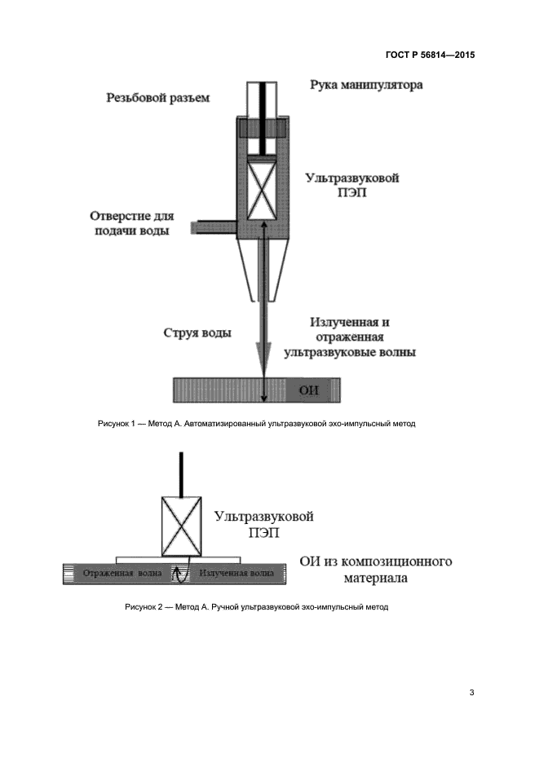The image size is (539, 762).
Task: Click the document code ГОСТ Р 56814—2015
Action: [430, 55]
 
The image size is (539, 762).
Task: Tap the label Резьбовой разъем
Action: [158, 98]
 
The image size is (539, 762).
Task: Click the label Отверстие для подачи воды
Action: [132, 224]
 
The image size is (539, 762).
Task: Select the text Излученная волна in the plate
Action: [236, 575]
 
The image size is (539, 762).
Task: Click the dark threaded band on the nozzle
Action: [262, 128]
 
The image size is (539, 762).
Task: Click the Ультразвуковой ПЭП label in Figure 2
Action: [263, 523]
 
